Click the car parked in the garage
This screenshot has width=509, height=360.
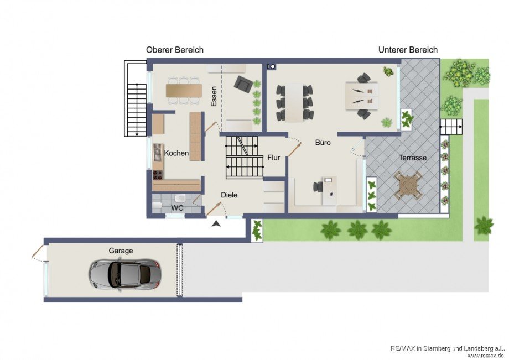click(x=125, y=274)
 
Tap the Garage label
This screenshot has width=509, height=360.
click(x=121, y=251)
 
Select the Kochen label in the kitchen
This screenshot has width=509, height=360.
click(x=176, y=153)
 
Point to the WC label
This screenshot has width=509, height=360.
click(x=177, y=208)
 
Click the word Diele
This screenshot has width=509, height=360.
click(x=229, y=195)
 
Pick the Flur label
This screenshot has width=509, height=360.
click(x=274, y=158)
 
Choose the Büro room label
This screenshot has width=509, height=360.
click(x=323, y=142)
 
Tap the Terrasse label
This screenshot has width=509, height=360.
click(x=413, y=158)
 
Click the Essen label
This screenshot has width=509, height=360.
click(x=214, y=97)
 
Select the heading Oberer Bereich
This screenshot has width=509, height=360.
click(x=175, y=50)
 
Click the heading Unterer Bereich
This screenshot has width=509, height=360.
click(x=408, y=50)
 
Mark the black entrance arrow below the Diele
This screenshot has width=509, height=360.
click(x=216, y=223)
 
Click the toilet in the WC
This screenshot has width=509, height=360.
click(x=157, y=205)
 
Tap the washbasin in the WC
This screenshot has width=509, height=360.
click(x=180, y=198)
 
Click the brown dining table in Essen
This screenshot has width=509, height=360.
click(x=184, y=91)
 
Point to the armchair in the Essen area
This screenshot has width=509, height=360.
click(x=243, y=84)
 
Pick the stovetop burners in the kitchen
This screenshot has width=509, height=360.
click(x=158, y=175)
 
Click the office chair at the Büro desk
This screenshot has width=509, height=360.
click(x=318, y=187)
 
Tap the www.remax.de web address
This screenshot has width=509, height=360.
click(x=485, y=356)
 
